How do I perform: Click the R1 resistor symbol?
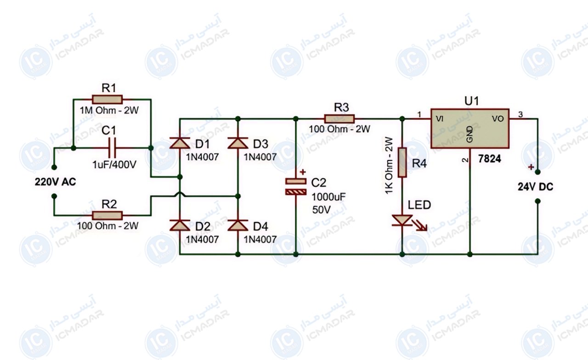pyautogui.click(x=107, y=100)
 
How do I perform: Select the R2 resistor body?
pyautogui.click(x=107, y=216)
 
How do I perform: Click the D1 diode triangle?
pyautogui.click(x=180, y=143)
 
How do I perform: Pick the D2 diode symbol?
pyautogui.click(x=180, y=225)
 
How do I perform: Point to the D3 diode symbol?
pyautogui.click(x=238, y=143)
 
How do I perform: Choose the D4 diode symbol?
pyautogui.click(x=238, y=225)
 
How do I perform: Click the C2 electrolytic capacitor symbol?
pyautogui.click(x=296, y=186)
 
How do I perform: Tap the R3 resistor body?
pyautogui.click(x=339, y=119)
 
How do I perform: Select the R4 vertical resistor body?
pyautogui.click(x=402, y=163)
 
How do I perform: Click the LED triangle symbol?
pyautogui.click(x=402, y=220)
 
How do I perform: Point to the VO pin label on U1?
pyautogui.click(x=498, y=119)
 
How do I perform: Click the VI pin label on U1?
pyautogui.click(x=440, y=119)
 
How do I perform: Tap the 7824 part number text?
pyautogui.click(x=490, y=159)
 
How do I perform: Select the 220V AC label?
pyautogui.click(x=55, y=182)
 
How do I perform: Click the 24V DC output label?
pyautogui.click(x=535, y=187)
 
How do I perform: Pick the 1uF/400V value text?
pyautogui.click(x=114, y=165)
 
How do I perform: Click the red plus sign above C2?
pyautogui.click(x=303, y=172)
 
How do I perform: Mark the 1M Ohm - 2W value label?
pyautogui.click(x=109, y=111)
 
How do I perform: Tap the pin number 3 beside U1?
pyautogui.click(x=520, y=114)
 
